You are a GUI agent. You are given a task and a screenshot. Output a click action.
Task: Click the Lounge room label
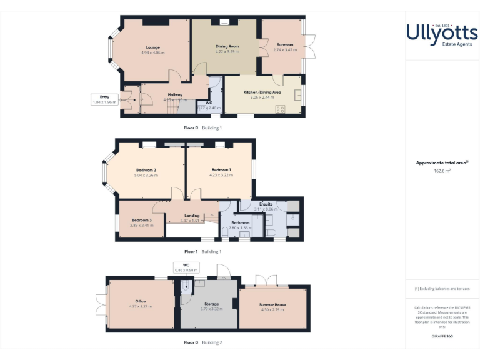click(153, 47)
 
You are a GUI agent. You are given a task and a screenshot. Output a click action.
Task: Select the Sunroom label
click(285, 45)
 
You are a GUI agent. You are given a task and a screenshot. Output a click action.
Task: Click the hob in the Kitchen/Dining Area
click(281, 109)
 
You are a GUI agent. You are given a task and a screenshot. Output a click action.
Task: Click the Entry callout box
click(104, 99)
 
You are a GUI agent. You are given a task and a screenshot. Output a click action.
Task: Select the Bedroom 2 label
click(146, 170)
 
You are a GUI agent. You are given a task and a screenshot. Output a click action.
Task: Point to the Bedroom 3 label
click(141, 220)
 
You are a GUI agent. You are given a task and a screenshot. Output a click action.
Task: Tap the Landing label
click(192, 216)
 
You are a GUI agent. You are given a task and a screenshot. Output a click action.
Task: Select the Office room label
click(140, 301)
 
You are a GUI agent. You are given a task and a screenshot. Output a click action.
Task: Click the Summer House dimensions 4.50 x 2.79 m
click(272, 310)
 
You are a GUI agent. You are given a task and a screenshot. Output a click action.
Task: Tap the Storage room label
click(211, 303)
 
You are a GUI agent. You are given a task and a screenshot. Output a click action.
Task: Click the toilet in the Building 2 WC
click(185, 286)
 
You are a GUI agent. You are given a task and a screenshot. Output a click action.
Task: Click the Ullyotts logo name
click(442, 32)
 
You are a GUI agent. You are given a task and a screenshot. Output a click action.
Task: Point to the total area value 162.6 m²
click(442, 171)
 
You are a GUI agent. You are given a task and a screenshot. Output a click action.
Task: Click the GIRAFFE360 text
click(442, 337)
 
